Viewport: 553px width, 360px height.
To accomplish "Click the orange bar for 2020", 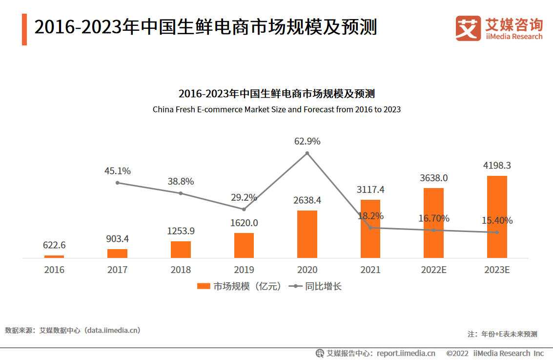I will point(307,234).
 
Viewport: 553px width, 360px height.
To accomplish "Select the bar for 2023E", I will point(497,217).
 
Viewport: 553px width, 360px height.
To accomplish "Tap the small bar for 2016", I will point(54,256).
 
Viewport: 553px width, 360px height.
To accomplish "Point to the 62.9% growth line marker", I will point(307,153).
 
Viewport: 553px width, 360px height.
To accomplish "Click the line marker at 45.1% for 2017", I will point(117,183).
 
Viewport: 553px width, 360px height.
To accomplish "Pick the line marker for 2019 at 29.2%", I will point(244,209).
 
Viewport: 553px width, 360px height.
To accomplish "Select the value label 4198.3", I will point(497,166).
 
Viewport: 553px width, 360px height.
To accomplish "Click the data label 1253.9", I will point(181,231).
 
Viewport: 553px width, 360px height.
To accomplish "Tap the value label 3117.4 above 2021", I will point(370,190).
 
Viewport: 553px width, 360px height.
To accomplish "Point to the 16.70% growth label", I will point(433,218).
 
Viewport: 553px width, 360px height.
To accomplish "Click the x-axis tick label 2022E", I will point(433,270).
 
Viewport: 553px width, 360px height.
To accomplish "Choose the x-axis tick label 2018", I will point(181,270).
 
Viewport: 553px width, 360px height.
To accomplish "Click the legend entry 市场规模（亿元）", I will point(239,286).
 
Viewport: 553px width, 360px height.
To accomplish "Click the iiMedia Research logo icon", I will point(468,28).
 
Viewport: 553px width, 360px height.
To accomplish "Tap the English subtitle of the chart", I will point(276,109).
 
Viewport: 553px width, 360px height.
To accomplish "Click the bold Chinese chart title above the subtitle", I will point(276,93).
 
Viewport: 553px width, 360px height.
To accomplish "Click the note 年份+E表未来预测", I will point(502,334).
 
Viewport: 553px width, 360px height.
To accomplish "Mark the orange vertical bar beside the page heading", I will point(24,29).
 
